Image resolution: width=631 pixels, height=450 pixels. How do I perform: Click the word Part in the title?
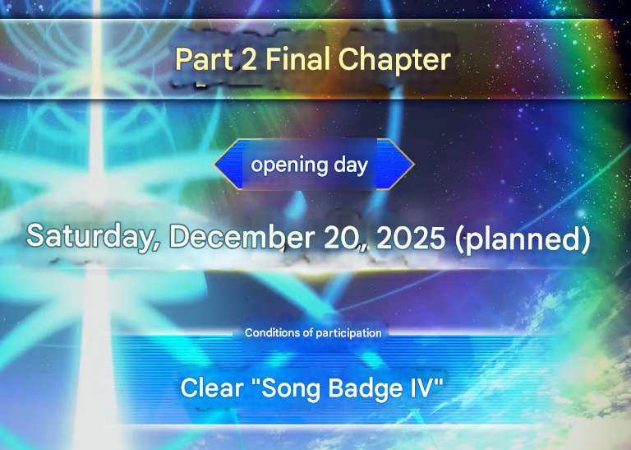[x=204, y=59]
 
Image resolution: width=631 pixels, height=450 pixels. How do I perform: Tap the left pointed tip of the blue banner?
[x=214, y=165]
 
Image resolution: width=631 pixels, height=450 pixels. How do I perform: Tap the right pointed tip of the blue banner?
[x=414, y=165]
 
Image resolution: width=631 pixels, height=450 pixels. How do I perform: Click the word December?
[x=241, y=236]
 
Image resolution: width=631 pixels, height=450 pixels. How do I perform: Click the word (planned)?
[x=523, y=239]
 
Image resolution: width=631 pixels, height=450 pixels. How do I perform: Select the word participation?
[x=348, y=333]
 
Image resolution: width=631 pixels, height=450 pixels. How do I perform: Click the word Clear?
[x=212, y=387]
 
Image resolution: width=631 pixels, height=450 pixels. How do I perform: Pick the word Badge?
[x=364, y=388]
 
